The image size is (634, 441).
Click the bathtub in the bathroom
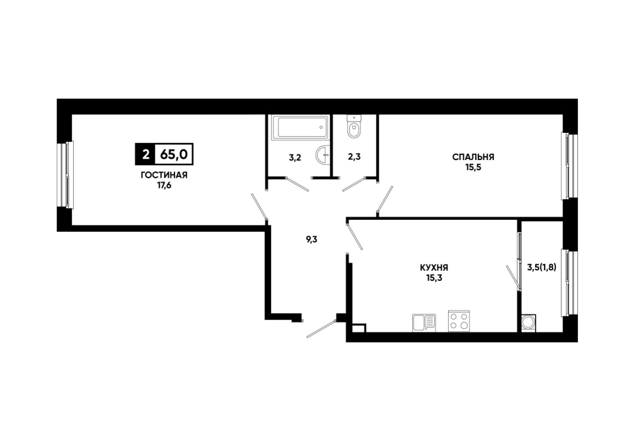click(x=300, y=128)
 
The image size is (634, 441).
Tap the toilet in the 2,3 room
click(x=354, y=127)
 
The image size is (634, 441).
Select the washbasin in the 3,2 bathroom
click(x=323, y=155)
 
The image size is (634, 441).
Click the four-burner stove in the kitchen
click(x=459, y=321)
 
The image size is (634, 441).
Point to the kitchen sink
click(x=424, y=323)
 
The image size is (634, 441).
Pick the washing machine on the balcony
click(x=529, y=323)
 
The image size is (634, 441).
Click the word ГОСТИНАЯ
click(x=164, y=175)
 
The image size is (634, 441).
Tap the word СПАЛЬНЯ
click(x=473, y=157)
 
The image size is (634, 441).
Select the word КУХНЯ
click(x=434, y=268)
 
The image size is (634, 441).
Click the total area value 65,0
click(x=174, y=154)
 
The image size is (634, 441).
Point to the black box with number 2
click(x=145, y=154)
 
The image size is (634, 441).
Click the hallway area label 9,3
click(x=311, y=239)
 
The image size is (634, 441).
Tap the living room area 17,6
click(x=164, y=186)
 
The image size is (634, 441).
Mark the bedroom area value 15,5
click(x=473, y=168)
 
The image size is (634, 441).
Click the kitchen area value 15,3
click(x=434, y=278)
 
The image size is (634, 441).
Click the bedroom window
click(x=569, y=166)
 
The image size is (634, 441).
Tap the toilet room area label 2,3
click(x=354, y=157)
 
